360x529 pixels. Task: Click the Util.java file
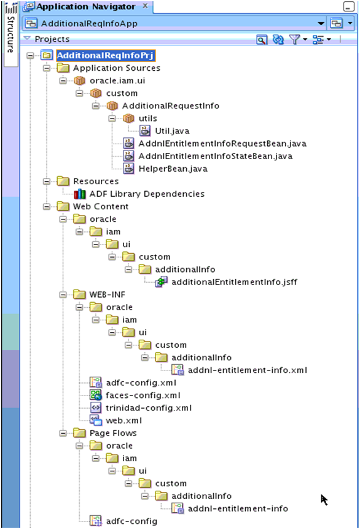pos(172,131)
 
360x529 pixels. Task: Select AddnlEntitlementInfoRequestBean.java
pos(222,144)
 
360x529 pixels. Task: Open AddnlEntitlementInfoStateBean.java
pos(215,156)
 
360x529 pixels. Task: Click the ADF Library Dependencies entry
pos(147,194)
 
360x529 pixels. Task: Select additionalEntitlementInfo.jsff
pos(234,282)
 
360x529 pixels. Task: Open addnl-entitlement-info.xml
pos(247,370)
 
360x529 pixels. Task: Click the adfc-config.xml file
pos(140,382)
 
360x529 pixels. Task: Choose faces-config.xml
pos(142,395)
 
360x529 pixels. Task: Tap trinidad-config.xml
pos(148,407)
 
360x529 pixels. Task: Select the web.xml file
pos(123,420)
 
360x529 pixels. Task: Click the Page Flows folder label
pos(104,433)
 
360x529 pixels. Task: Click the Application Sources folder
pos(116,68)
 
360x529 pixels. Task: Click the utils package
pos(147,118)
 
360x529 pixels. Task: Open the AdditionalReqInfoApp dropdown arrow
pos(321,23)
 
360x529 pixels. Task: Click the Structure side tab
pos(10,34)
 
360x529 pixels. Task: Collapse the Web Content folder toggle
pos(47,206)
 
